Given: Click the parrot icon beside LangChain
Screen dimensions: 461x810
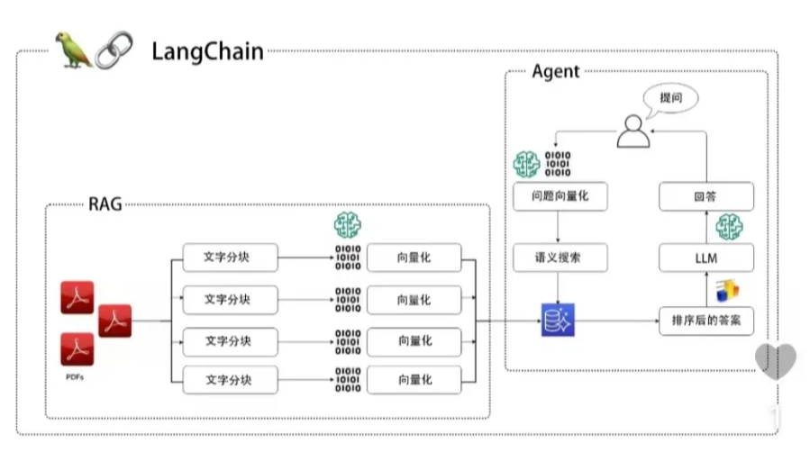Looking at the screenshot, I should pyautogui.click(x=74, y=50).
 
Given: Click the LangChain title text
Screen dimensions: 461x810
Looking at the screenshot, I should pyautogui.click(x=207, y=50).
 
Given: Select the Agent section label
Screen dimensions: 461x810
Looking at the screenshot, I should pyautogui.click(x=556, y=72).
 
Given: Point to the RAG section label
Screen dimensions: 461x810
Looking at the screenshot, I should pyautogui.click(x=105, y=203).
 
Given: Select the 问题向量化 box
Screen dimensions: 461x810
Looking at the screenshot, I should pyautogui.click(x=559, y=195).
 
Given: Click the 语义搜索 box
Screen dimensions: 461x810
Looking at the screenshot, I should pyautogui.click(x=559, y=258).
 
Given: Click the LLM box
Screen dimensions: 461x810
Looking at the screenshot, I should pyautogui.click(x=705, y=259).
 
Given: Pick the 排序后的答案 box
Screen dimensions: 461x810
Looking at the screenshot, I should pyautogui.click(x=705, y=321).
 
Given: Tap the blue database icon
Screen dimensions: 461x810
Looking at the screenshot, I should pyautogui.click(x=557, y=320).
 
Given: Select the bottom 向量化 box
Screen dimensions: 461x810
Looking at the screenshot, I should pyautogui.click(x=414, y=380).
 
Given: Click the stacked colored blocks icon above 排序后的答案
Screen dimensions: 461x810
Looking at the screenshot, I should pyautogui.click(x=726, y=291).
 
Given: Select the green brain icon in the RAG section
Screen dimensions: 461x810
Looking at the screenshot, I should pyautogui.click(x=347, y=226).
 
